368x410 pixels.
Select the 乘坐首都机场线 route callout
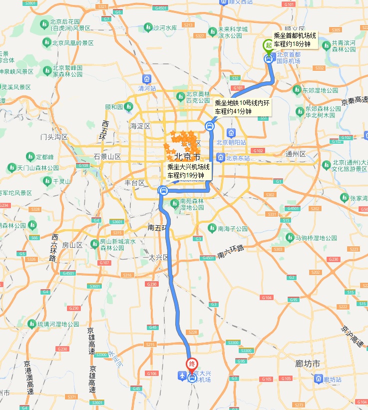click(x=295, y=40)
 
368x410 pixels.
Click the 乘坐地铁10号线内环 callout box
click(x=242, y=107)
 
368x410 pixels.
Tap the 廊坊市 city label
click(x=308, y=364)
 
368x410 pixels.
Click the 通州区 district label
click(x=295, y=154)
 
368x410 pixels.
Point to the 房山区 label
click(x=73, y=245)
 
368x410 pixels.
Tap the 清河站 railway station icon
click(x=147, y=78)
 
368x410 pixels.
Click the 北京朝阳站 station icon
click(x=231, y=133)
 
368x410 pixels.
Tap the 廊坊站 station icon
click(x=318, y=380)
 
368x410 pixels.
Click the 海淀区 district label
click(x=140, y=126)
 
